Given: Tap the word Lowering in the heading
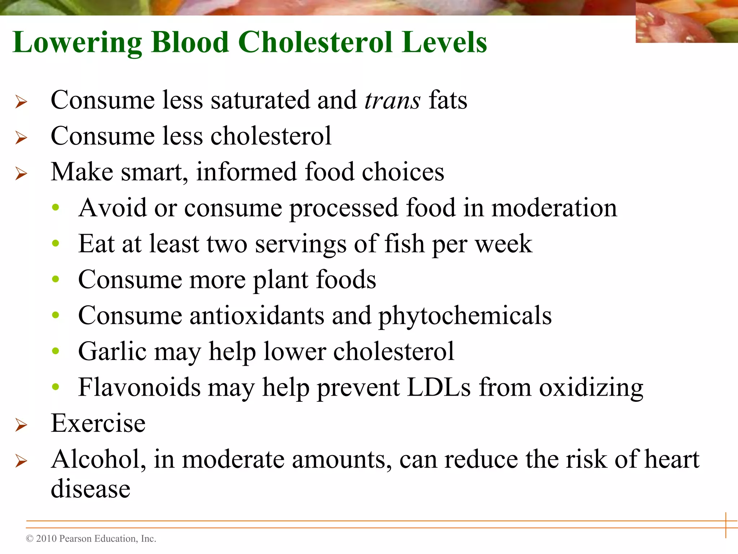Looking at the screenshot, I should click(x=77, y=43).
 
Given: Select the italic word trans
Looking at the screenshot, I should click(x=392, y=100).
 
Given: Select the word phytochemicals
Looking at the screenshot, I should click(x=465, y=316).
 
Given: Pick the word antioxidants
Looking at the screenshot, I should click(x=257, y=316).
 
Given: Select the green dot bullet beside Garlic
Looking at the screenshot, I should click(x=55, y=351).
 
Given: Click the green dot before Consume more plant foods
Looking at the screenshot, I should click(x=55, y=279).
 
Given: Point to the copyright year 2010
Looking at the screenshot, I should click(x=46, y=538).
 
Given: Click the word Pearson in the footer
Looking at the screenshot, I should click(x=75, y=538).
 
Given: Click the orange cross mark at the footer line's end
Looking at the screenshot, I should click(x=726, y=525).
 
